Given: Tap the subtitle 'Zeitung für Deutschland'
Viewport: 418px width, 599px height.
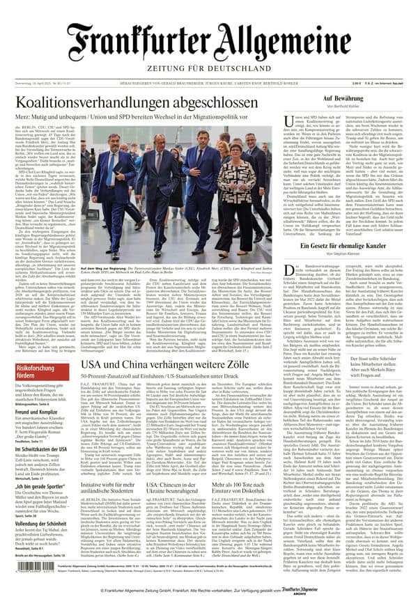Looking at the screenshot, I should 209,70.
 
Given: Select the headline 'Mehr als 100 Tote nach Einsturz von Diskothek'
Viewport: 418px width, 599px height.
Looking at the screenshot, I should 251,488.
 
